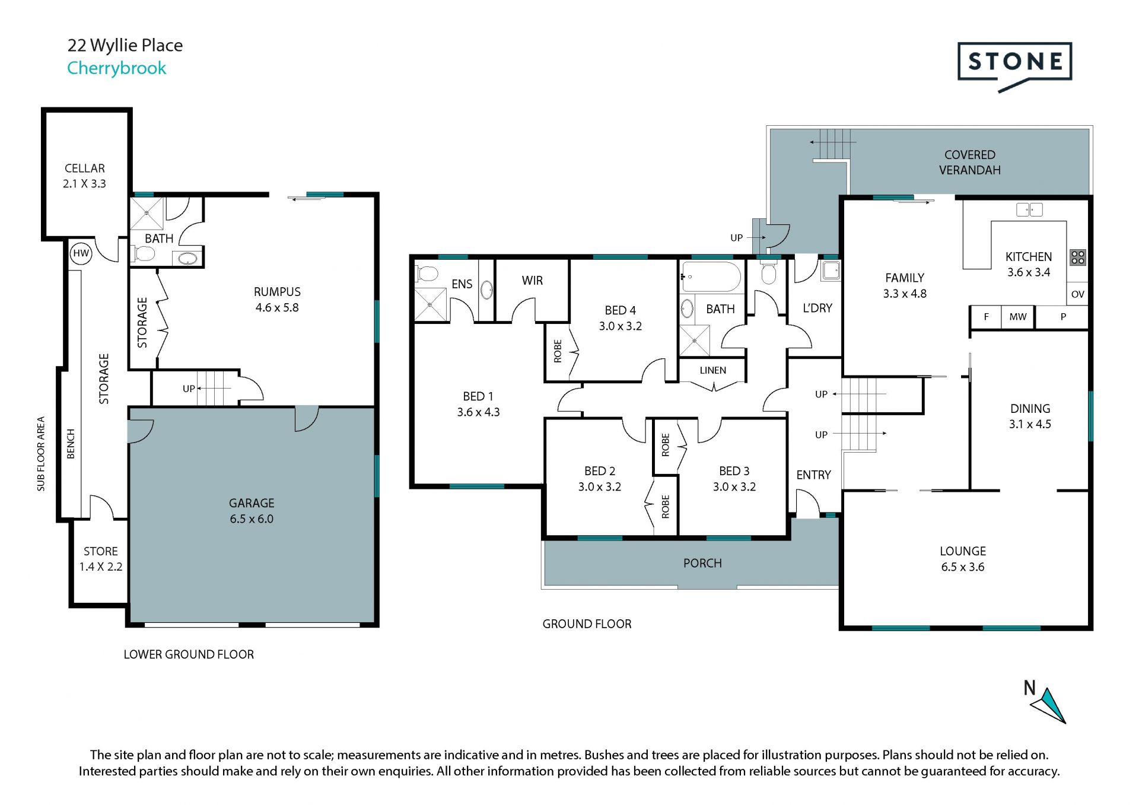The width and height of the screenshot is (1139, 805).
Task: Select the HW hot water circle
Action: pyautogui.click(x=81, y=253)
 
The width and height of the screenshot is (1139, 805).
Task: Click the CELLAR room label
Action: pyautogui.click(x=84, y=168)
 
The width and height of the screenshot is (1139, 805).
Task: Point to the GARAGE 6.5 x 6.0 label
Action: pyautogui.click(x=252, y=511)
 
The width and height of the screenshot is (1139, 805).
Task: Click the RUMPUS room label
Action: pyautogui.click(x=277, y=292)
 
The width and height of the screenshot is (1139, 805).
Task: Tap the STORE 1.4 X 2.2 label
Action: pyautogui.click(x=101, y=559)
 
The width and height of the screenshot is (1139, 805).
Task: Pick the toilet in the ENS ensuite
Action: pyautogui.click(x=427, y=274)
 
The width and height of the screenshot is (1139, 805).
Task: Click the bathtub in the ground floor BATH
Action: pyautogui.click(x=711, y=277)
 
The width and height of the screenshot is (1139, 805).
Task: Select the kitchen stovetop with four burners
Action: pyautogui.click(x=1077, y=257)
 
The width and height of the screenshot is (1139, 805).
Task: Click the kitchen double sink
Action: pyautogui.click(x=1029, y=209)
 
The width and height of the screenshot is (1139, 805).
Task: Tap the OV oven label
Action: pyautogui.click(x=1078, y=294)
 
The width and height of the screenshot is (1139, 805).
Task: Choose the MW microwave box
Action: pyautogui.click(x=1018, y=317)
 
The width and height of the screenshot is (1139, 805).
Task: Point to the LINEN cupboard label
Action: pyautogui.click(x=712, y=370)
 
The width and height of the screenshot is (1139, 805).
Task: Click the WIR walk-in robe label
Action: pyautogui.click(x=532, y=281)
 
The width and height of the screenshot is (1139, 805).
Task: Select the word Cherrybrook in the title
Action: pyautogui.click(x=117, y=68)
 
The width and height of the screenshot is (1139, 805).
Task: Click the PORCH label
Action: pyautogui.click(x=702, y=563)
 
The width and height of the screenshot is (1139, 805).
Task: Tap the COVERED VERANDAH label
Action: pyautogui.click(x=970, y=163)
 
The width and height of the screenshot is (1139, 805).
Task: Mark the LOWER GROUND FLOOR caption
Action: pyautogui.click(x=189, y=654)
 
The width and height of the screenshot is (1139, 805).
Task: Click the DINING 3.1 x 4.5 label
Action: pyautogui.click(x=1030, y=416)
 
